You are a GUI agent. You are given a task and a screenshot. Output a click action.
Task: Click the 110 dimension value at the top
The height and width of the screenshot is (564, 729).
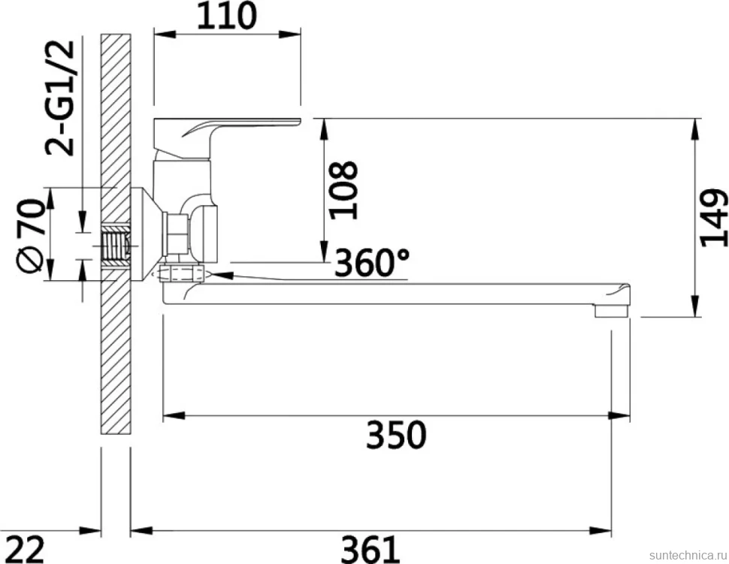pyautogui.click(x=227, y=16)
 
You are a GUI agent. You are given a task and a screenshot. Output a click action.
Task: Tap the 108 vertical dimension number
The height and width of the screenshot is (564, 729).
pyautogui.click(x=343, y=190)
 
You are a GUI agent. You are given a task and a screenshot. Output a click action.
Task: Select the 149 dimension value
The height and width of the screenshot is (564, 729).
pyautogui.click(x=713, y=218)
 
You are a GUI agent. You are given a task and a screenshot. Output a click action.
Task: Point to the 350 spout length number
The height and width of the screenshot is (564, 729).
pyautogui.click(x=395, y=434)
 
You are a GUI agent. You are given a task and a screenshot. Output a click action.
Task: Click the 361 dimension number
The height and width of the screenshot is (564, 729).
pyautogui.click(x=371, y=549)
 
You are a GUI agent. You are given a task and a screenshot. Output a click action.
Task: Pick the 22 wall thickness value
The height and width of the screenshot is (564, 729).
pyautogui.click(x=26, y=549)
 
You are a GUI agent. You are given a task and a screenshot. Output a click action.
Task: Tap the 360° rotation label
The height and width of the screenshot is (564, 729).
pyautogui.click(x=372, y=263)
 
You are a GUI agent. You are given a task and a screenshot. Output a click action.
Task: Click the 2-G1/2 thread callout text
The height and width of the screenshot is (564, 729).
pyautogui.click(x=60, y=98)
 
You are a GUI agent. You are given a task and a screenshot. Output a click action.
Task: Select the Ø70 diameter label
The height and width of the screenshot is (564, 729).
pyautogui.click(x=30, y=235)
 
